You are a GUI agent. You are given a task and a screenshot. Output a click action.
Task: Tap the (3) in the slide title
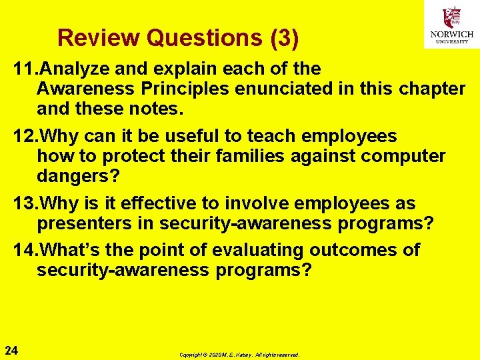pyautogui.click(x=285, y=38)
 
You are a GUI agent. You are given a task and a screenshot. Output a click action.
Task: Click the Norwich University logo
pyautogui.click(x=451, y=25)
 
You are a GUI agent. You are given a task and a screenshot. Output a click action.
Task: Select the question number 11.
pyautogui.click(x=25, y=69)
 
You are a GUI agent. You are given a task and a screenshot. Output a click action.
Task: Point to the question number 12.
pyautogui.click(x=25, y=137)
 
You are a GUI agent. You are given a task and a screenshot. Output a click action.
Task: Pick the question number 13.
pyautogui.click(x=25, y=203)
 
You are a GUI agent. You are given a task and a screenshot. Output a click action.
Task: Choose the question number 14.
pyautogui.click(x=25, y=250)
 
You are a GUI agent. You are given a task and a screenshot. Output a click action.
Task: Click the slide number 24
pyautogui.click(x=11, y=350)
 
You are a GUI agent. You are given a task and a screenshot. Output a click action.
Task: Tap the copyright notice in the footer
pyautogui.click(x=239, y=355)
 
